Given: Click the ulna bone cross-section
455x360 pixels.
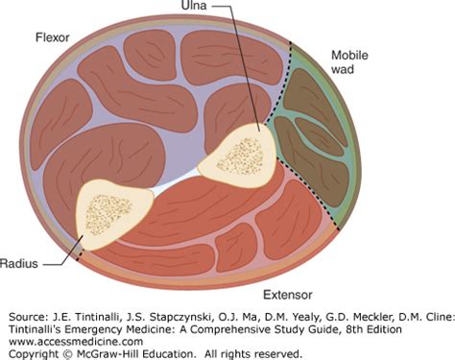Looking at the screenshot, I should [x=236, y=154].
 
